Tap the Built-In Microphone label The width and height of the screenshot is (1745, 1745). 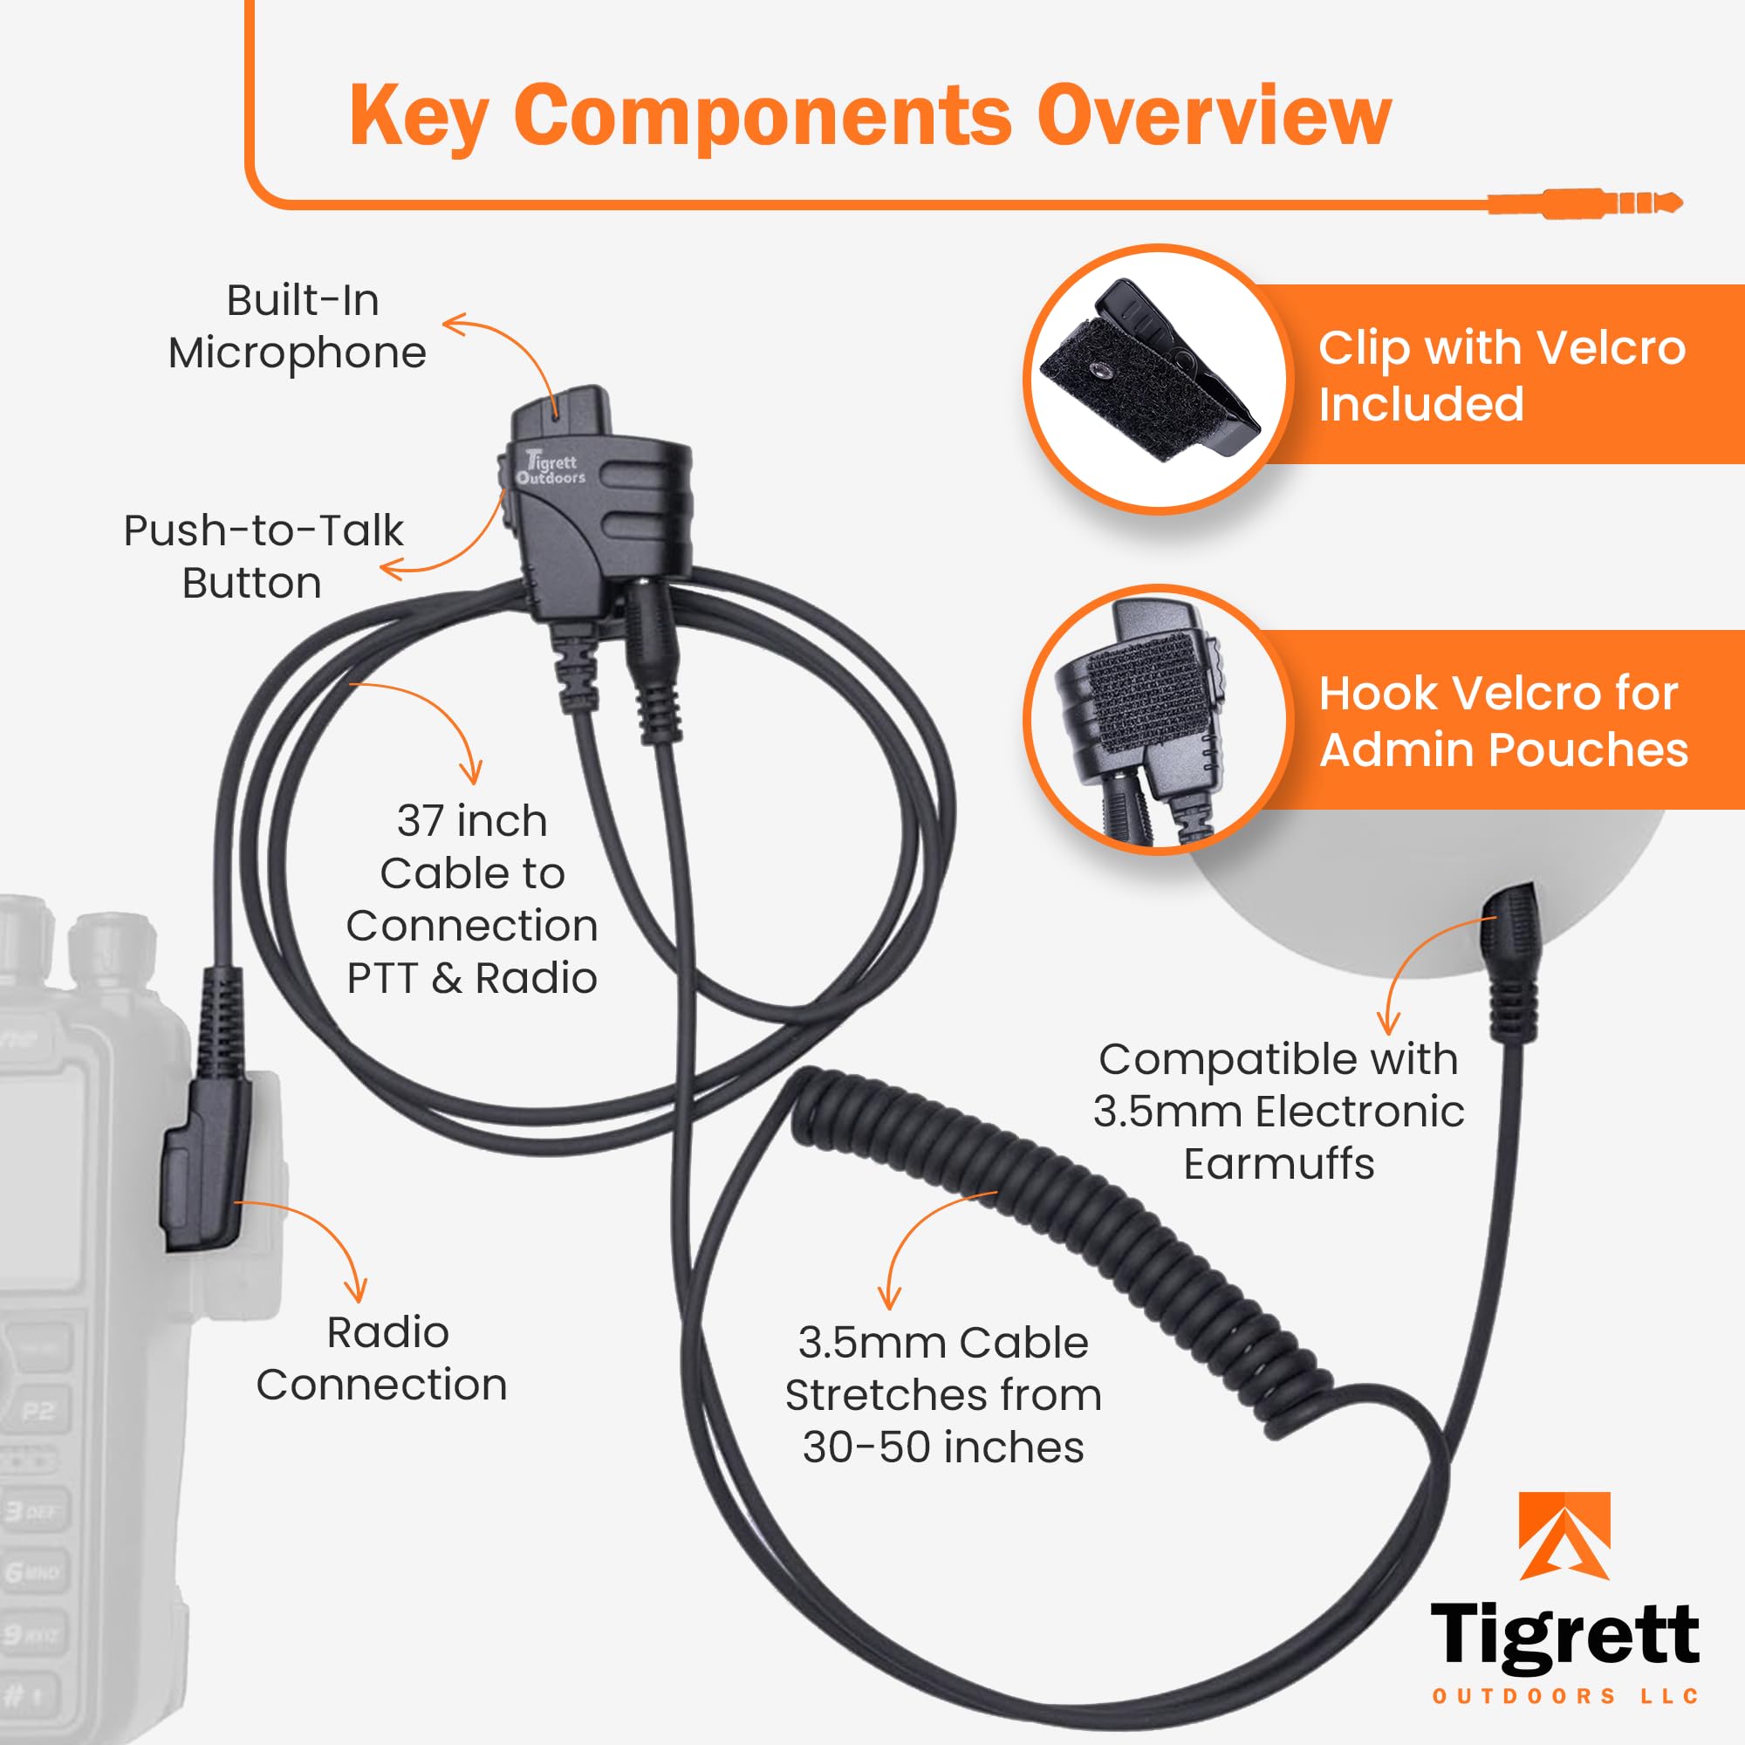point(298,326)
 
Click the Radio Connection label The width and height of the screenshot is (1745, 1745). point(382,1358)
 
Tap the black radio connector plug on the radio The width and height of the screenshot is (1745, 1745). point(206,1165)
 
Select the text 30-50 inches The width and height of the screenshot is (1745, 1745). point(943,1447)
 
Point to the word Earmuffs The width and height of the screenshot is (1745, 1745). point(1279,1164)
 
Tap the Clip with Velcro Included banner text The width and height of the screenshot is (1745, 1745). point(1501,375)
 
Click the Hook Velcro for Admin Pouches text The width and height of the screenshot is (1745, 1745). point(1502,721)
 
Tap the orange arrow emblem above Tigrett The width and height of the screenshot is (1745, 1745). point(1564,1536)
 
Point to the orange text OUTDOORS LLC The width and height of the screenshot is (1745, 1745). point(1566,1696)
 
